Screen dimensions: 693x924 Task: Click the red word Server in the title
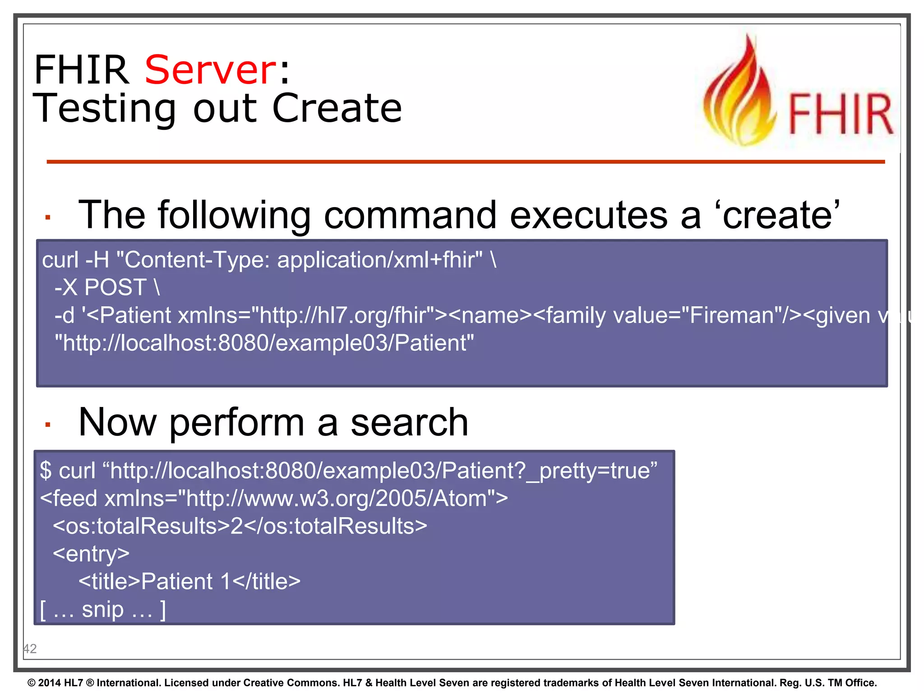point(210,70)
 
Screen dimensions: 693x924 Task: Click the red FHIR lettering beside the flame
point(840,115)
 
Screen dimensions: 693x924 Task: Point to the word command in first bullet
point(410,215)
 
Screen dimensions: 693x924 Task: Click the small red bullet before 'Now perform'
point(48,424)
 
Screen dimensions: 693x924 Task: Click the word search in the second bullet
point(409,422)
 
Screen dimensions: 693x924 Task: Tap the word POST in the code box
point(115,287)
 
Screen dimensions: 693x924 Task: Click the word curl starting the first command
point(60,260)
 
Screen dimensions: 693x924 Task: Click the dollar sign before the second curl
point(46,471)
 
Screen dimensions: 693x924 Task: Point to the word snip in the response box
point(102,610)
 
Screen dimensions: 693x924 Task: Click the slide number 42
point(30,649)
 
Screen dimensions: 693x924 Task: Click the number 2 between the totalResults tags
point(236,526)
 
